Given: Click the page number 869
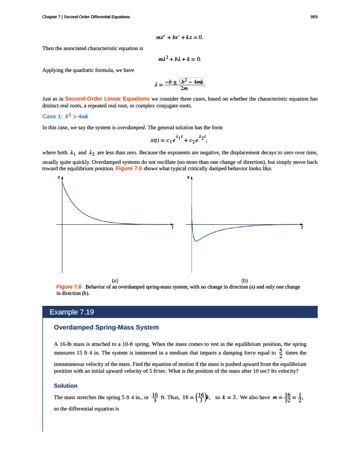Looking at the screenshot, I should (314, 17).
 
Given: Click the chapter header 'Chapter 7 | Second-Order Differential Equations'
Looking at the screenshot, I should (86, 17).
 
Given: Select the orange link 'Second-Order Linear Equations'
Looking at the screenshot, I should (107, 98).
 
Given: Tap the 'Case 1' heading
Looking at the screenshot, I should (65, 116).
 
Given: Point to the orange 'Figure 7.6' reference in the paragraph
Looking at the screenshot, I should (129, 168).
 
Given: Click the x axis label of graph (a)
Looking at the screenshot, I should (58, 178).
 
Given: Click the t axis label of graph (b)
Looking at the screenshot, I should (302, 228).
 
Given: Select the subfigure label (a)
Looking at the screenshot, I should (115, 281).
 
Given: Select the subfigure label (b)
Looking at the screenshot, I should (245, 281).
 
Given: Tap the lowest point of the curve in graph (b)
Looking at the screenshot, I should (196, 241).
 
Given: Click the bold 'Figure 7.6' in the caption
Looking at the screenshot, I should (68, 287).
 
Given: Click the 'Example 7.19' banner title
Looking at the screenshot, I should (72, 312).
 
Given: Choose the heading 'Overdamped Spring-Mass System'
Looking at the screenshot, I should (106, 327).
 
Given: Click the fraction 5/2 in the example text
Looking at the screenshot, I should (281, 353).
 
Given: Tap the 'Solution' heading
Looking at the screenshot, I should (66, 385).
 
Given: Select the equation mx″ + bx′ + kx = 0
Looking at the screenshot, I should (180, 36).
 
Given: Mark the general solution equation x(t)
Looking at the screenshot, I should (180, 139).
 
